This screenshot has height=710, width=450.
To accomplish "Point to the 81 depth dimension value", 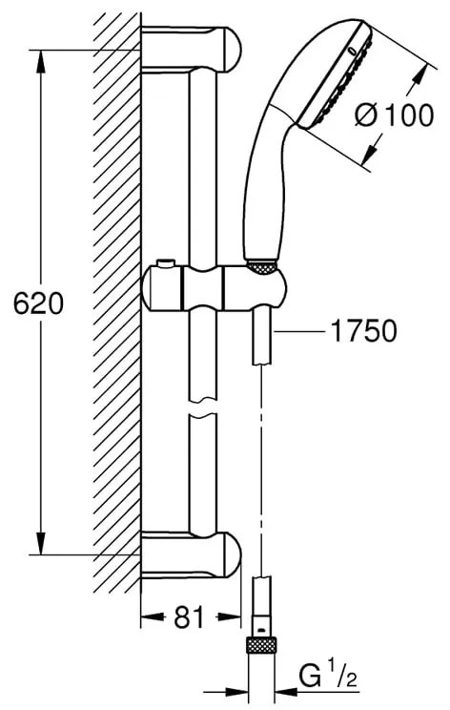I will [x=191, y=617].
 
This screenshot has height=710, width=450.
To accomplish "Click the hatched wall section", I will [x=119, y=305].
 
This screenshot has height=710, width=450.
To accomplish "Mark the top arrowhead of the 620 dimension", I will [x=41, y=59].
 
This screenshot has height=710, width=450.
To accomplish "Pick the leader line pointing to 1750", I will [x=299, y=330].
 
